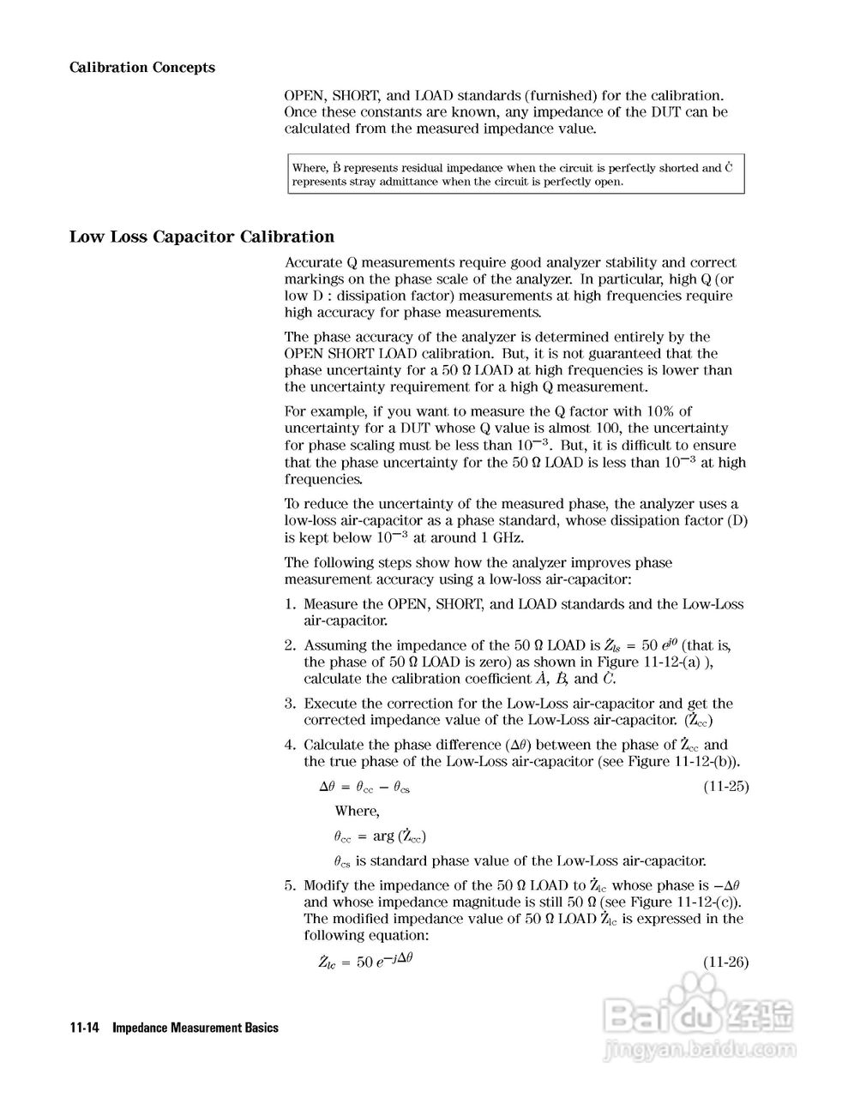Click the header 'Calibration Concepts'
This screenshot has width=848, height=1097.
pos(141,68)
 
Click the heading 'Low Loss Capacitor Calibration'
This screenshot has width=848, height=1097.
pos(201,237)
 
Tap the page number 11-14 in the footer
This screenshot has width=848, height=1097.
pos(85,1028)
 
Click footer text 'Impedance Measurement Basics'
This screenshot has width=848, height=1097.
pos(195,1028)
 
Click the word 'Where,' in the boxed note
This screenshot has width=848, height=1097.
pos(310,168)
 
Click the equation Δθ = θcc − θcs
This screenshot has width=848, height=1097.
pos(364,787)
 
